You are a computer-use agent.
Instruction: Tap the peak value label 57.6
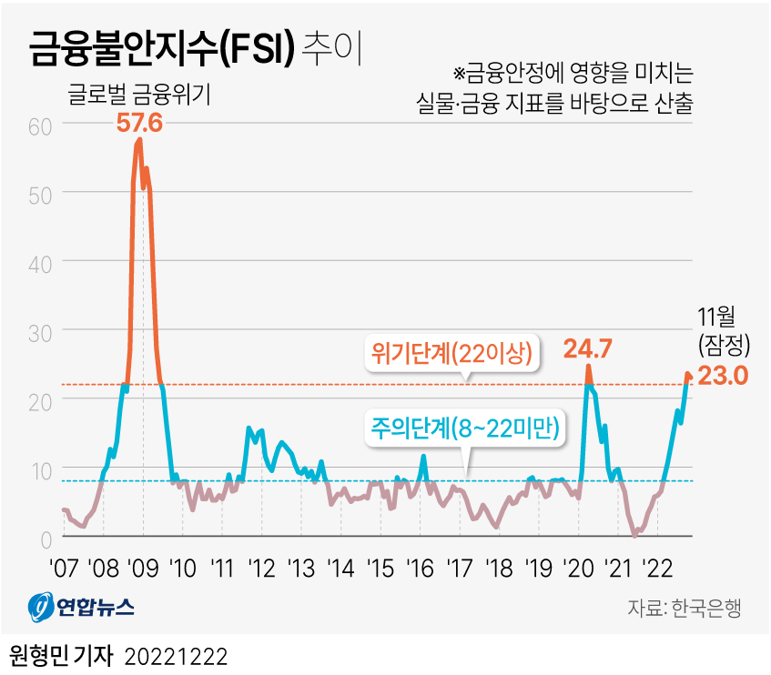[139, 122]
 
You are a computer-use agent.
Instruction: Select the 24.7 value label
[587, 348]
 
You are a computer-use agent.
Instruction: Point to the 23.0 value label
[723, 375]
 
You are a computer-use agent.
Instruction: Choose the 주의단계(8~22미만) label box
[465, 428]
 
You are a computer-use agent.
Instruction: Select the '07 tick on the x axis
[63, 569]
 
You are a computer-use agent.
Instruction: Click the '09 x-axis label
[143, 569]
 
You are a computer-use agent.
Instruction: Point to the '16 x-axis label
[420, 569]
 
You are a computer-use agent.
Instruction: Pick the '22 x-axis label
[657, 569]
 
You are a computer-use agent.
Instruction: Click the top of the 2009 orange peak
[139, 140]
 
